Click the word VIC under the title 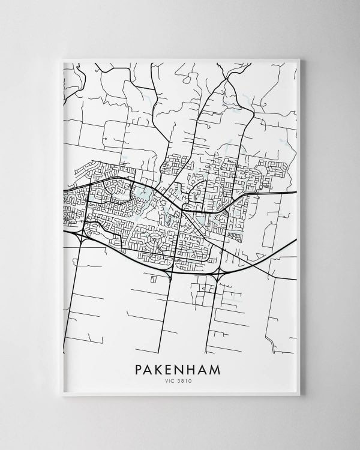point(172,380)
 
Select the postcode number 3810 point(185,380)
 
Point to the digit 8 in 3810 point(184,380)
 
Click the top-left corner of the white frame point(62,59)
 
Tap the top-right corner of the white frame point(299,59)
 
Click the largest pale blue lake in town point(145,194)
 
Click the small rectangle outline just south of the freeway point(154,278)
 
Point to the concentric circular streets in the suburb point(155,240)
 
